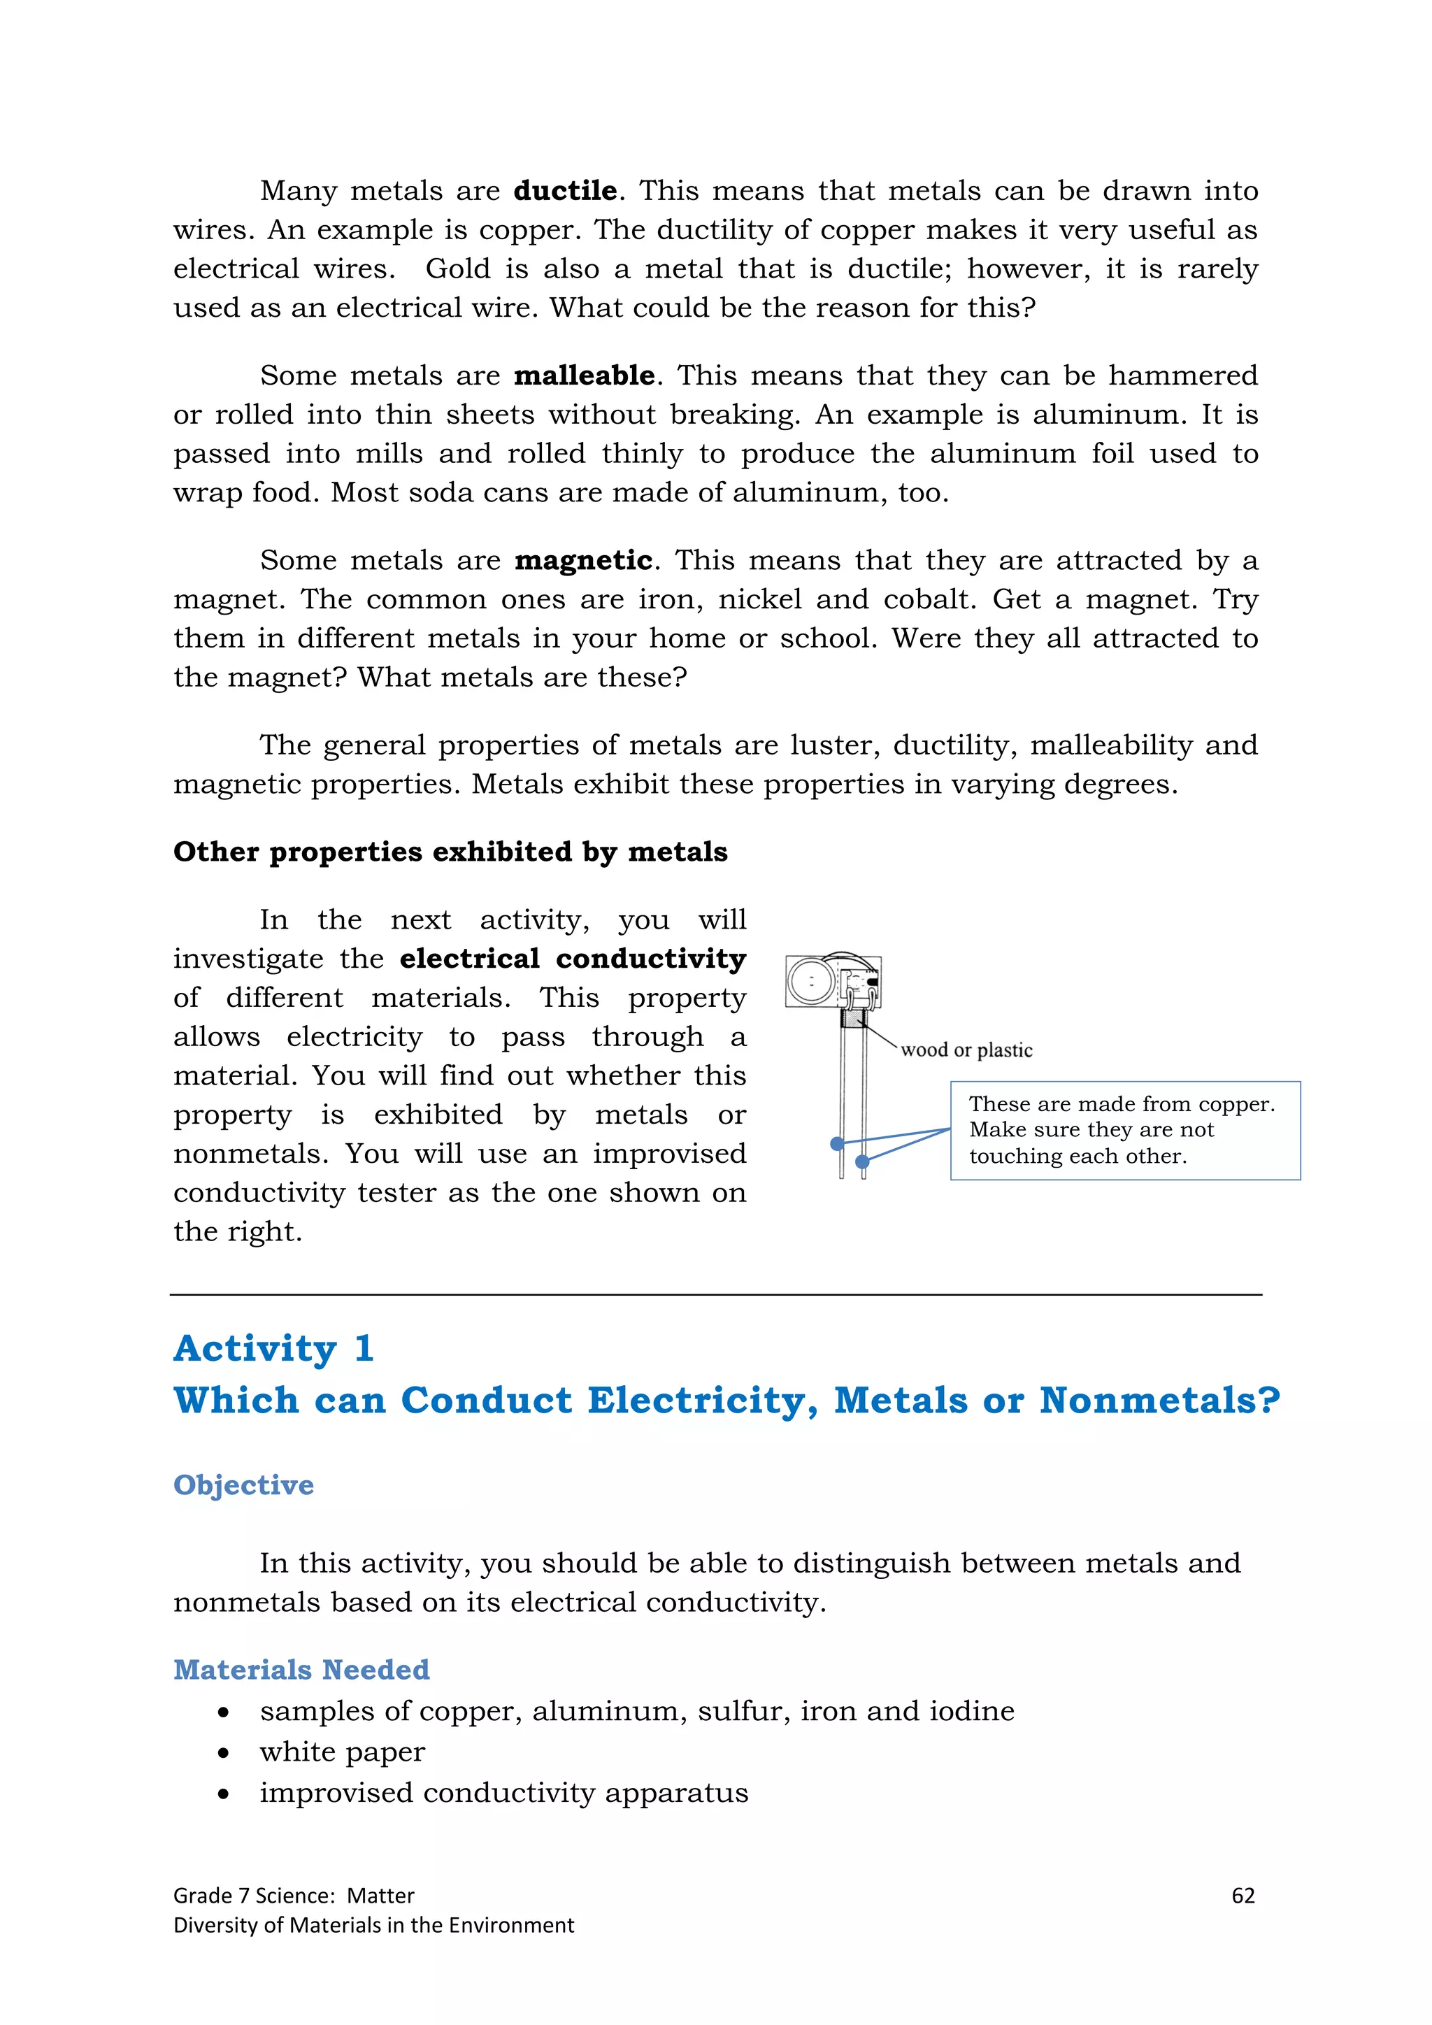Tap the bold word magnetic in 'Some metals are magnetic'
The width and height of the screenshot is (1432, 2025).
click(583, 560)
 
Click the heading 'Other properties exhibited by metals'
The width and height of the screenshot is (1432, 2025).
click(450, 851)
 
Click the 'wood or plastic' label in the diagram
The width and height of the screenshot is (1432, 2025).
click(966, 1050)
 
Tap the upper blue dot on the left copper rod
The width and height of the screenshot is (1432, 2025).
click(837, 1144)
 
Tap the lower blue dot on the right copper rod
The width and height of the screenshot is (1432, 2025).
click(862, 1161)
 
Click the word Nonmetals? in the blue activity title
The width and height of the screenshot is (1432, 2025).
click(1159, 1400)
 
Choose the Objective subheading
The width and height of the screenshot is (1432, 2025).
click(243, 1484)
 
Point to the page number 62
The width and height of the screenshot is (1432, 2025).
click(1243, 1896)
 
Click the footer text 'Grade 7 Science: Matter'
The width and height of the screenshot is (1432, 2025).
click(293, 1896)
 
